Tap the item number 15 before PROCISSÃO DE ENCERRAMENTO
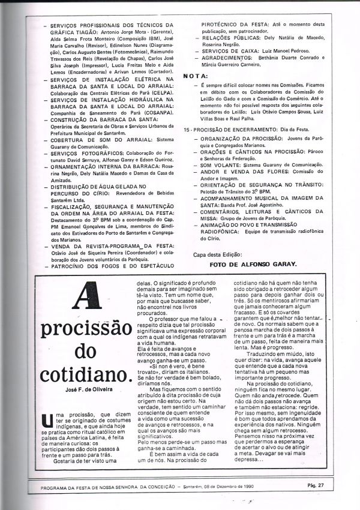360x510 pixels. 187,129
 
